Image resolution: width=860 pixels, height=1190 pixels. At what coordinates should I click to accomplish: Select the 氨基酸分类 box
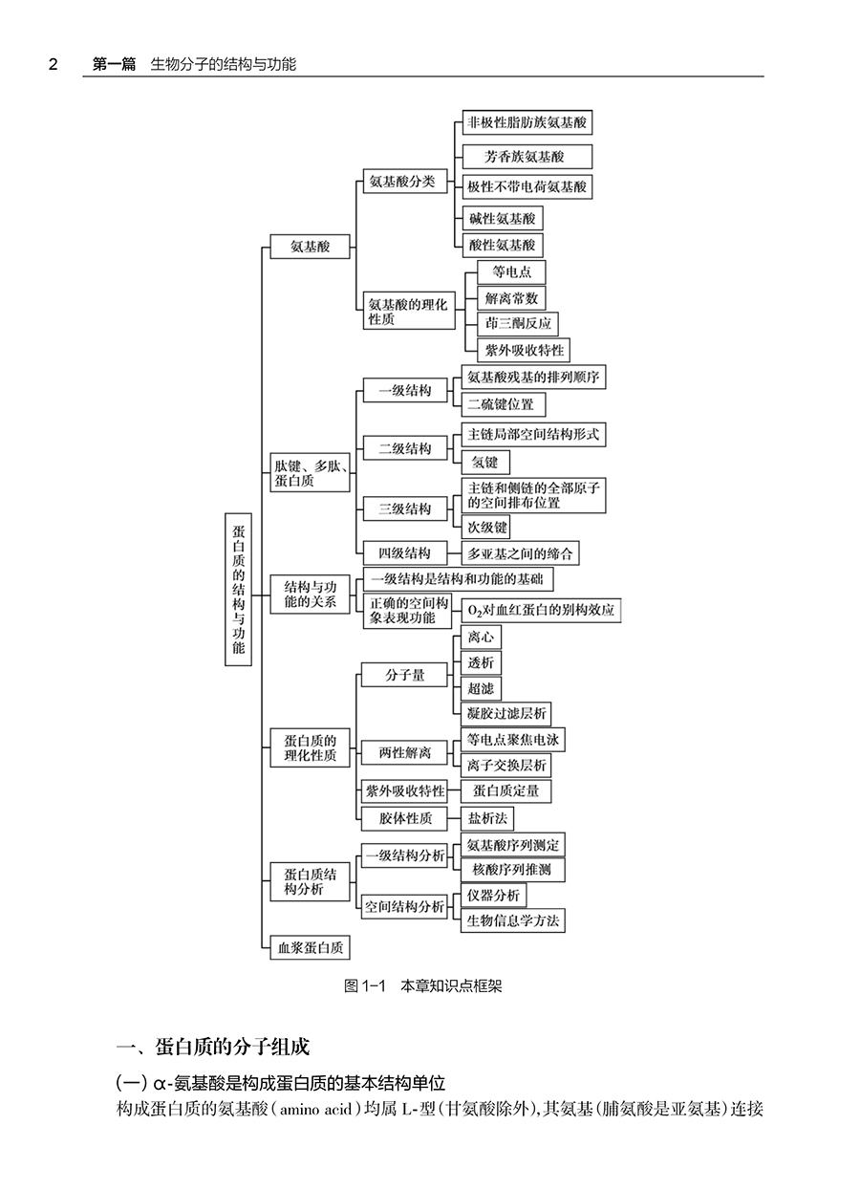click(x=403, y=182)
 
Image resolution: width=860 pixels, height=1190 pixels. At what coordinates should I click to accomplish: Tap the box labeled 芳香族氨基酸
click(x=525, y=157)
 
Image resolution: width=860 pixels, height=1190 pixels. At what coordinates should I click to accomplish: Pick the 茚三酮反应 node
click(x=518, y=324)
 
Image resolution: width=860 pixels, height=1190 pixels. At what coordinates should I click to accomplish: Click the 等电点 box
click(x=511, y=272)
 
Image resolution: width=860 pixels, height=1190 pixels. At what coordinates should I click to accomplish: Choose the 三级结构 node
click(x=404, y=509)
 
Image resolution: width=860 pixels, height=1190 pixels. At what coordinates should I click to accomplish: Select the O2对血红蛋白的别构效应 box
click(x=540, y=609)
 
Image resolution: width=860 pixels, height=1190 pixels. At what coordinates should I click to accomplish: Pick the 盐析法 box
click(x=486, y=819)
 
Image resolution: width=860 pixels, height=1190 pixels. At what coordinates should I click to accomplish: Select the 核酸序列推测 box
click(x=511, y=870)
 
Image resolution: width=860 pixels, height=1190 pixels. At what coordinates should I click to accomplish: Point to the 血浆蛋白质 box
click(x=310, y=947)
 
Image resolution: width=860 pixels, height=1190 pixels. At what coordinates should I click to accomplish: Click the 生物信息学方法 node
click(x=511, y=921)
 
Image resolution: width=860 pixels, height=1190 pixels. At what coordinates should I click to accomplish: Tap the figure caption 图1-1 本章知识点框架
click(x=422, y=986)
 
